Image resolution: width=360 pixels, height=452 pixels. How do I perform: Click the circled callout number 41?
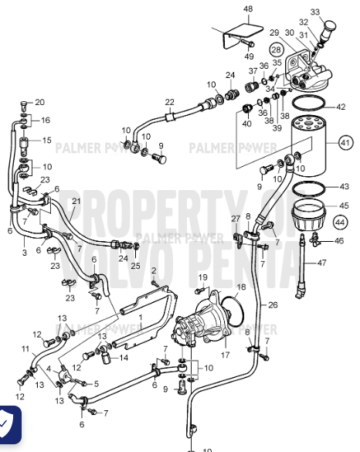(x=345, y=144)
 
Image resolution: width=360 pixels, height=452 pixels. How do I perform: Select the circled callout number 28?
(x=276, y=49)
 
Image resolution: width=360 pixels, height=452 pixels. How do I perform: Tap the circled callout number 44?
(x=340, y=222)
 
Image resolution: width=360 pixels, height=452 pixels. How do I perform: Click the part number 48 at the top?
(x=248, y=8)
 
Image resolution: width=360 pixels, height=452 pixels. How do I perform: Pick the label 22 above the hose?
(x=169, y=102)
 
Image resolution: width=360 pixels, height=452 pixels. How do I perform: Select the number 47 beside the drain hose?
(x=344, y=263)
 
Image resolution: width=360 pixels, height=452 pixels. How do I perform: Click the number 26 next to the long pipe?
(x=272, y=304)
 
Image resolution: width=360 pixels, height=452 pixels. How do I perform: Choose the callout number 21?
(x=76, y=202)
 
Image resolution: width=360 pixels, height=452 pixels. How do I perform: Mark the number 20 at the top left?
(x=40, y=102)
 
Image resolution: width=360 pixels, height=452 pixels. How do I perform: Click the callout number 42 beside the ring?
(x=341, y=107)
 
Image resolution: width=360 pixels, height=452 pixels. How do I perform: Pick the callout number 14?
(x=124, y=358)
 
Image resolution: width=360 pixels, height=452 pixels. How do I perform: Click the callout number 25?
(x=136, y=266)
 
